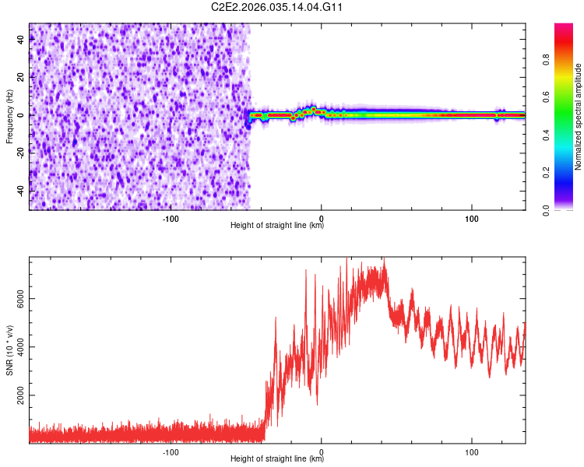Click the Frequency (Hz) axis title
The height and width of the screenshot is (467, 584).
[9, 117]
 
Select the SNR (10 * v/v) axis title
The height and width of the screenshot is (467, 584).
[9, 349]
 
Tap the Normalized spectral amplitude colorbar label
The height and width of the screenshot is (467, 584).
[579, 117]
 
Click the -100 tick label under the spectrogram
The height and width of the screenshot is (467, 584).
[171, 217]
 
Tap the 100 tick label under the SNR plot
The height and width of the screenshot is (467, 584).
[471, 451]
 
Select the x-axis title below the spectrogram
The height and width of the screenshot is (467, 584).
[277, 226]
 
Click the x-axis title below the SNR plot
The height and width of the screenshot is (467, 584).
[277, 459]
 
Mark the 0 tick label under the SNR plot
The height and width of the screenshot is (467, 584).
[322, 451]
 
